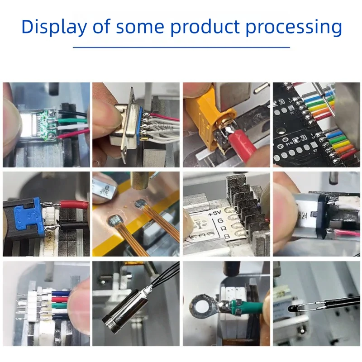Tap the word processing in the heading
(x=294, y=28)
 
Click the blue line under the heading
(x=181, y=47)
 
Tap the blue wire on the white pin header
(x=59, y=293)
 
